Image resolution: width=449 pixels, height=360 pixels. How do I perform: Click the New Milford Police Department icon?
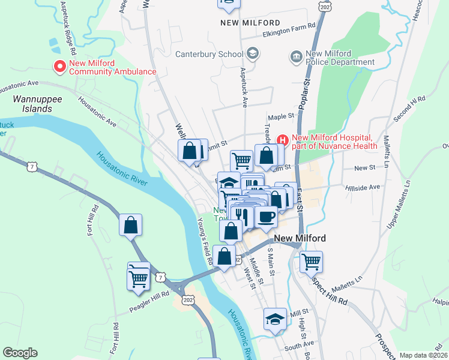tap(296, 57)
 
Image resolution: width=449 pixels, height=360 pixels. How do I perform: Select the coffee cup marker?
tap(266, 216)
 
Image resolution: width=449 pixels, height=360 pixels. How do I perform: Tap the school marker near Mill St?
tap(275, 318)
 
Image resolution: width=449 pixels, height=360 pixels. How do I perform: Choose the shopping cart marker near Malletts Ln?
tap(312, 261)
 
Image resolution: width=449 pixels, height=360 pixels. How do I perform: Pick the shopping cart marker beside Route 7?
tap(138, 278)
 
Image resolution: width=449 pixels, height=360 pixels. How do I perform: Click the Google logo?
tap(20, 353)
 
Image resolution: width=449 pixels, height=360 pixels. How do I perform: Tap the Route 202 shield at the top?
tap(325, 5)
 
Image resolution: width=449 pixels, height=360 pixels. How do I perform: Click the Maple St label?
tap(282, 116)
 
